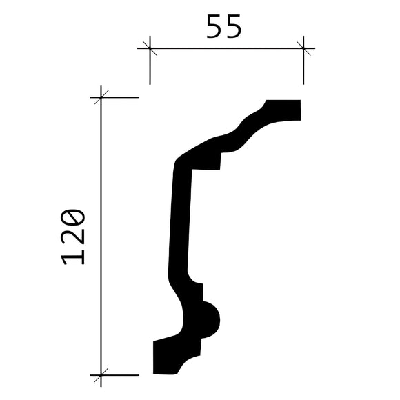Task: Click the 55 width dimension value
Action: (x=224, y=27)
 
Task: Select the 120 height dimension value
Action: (x=73, y=237)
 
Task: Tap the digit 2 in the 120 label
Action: (x=73, y=237)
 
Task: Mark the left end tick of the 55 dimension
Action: (x=149, y=48)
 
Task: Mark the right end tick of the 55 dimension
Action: (x=303, y=48)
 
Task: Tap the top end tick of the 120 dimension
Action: (x=101, y=97)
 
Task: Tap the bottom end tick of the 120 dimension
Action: (x=101, y=376)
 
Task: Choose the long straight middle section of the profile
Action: (x=179, y=221)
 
